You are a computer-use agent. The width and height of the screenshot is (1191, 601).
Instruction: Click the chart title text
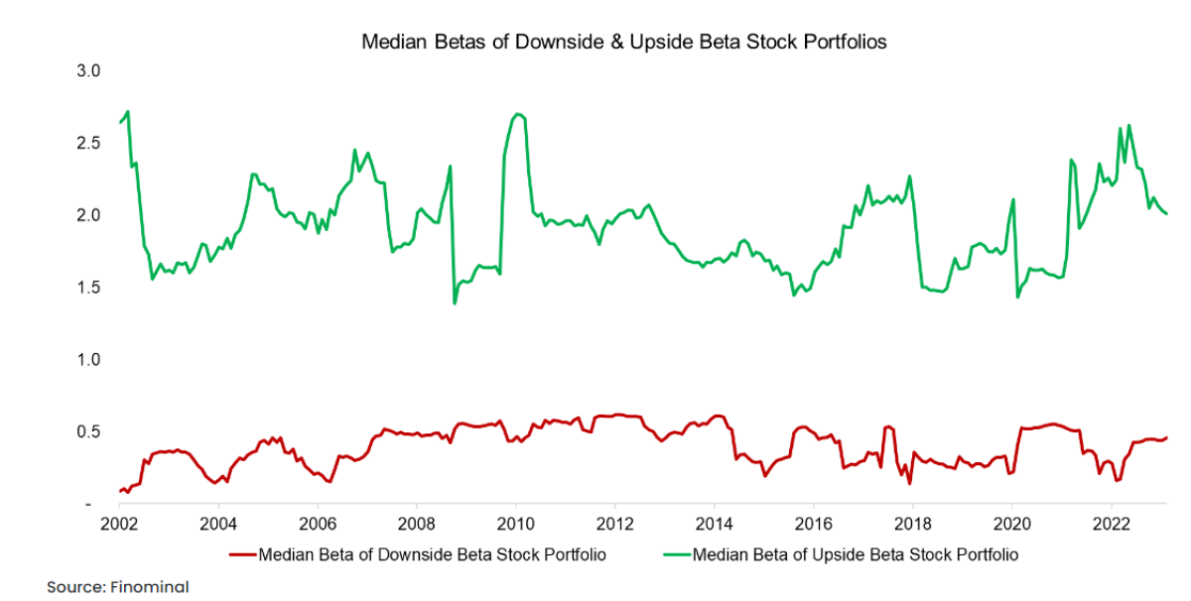coord(622,43)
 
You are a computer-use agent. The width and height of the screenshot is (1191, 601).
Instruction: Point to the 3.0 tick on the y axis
coord(90,70)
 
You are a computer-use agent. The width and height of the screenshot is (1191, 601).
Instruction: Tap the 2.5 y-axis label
coord(90,143)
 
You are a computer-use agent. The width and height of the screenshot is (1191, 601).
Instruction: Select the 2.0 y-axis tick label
coord(90,215)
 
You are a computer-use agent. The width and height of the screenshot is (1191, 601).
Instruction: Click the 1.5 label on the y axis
coord(90,288)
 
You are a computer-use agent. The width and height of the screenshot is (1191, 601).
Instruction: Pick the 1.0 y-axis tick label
coord(90,360)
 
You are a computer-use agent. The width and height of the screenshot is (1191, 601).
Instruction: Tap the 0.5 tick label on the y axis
coord(90,432)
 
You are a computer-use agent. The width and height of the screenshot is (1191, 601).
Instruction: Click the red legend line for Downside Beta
coord(242,554)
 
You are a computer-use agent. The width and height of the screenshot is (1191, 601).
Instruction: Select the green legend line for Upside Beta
coord(678,554)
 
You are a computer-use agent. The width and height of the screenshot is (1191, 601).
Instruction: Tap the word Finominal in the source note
coord(154,587)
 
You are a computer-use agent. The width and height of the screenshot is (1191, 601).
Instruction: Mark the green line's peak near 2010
coord(519,114)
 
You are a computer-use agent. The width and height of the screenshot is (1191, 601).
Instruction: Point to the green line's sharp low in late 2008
coord(455,302)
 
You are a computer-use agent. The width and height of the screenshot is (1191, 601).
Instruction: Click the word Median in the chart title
coord(390,43)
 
